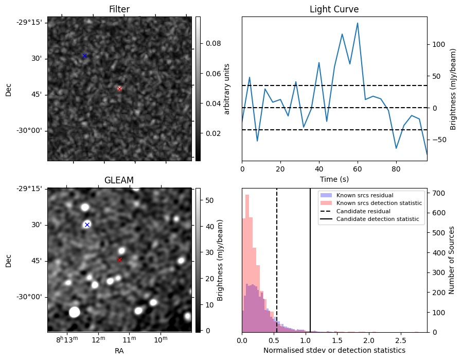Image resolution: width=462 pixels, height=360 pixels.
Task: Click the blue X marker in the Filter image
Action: (84, 56)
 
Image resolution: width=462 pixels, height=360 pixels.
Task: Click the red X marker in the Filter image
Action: (119, 89)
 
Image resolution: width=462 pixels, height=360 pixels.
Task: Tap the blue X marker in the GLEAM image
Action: (87, 225)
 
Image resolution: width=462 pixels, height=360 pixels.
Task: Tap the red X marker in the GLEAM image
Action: (119, 260)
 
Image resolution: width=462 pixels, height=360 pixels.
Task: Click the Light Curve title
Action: (334, 9)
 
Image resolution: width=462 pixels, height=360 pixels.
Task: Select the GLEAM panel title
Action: (119, 180)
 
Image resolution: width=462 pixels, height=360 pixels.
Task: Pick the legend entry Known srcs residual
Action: (364, 195)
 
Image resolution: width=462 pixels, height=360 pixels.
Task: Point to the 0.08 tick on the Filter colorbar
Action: (210, 44)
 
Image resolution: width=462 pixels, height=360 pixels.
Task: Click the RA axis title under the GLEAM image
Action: (119, 351)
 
